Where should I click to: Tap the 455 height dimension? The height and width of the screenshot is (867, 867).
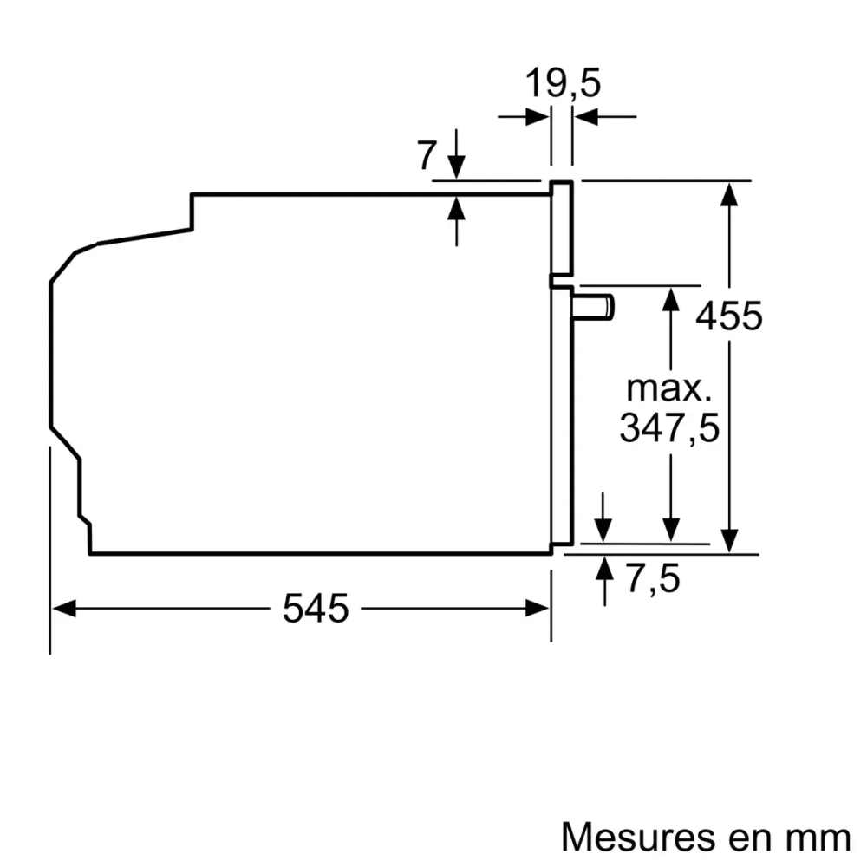coord(729,316)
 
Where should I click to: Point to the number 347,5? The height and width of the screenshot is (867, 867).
coord(669,427)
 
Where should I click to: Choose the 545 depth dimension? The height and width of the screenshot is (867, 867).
coord(316,609)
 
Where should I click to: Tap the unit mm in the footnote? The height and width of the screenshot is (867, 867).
coord(818,837)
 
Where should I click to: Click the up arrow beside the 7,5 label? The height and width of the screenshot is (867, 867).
coord(604,568)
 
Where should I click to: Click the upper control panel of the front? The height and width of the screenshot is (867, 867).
coord(562,230)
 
